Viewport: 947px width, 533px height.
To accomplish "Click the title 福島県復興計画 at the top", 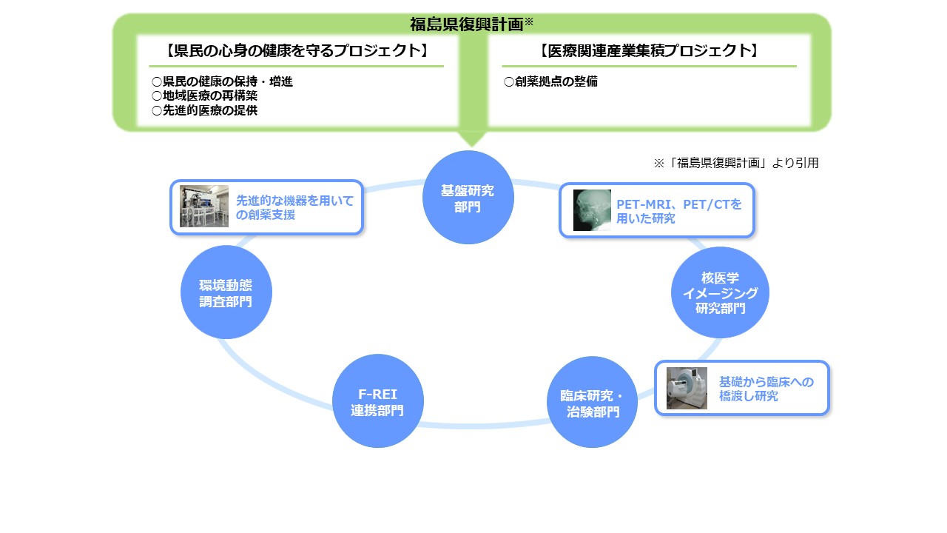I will tap(467, 24).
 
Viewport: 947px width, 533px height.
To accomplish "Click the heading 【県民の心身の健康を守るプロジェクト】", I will tap(297, 51).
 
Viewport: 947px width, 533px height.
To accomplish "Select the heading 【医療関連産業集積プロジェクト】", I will tap(649, 51).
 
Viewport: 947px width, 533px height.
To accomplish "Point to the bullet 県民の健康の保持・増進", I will tap(223, 81).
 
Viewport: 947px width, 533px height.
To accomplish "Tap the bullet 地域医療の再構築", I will tap(205, 96).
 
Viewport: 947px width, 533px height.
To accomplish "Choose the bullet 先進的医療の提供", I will tap(205, 110).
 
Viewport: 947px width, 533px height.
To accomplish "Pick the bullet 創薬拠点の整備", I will tap(551, 81).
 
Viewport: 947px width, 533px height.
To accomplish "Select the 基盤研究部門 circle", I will tap(468, 197).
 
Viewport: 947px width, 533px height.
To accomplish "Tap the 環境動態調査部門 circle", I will tap(226, 292).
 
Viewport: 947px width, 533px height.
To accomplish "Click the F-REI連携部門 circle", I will tap(377, 402).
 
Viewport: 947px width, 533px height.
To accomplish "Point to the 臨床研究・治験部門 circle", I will tap(593, 403).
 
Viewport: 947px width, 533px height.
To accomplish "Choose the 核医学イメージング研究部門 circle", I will tap(720, 292).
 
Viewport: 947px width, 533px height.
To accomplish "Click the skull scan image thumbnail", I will tap(592, 210).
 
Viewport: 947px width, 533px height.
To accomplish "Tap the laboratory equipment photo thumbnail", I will tap(204, 206).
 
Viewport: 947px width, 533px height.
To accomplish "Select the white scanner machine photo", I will tap(687, 388).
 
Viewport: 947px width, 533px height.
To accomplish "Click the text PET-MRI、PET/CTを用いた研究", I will tap(678, 210).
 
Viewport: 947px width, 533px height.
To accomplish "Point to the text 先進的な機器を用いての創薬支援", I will tap(294, 207).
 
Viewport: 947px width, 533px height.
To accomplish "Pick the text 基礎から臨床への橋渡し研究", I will tap(766, 389).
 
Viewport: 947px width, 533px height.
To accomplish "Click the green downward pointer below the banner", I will tap(471, 138).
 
